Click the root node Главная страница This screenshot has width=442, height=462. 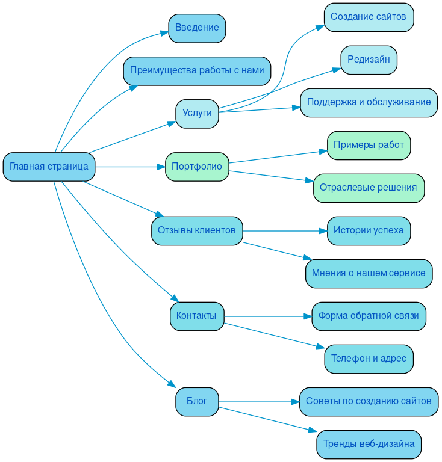pos(49,167)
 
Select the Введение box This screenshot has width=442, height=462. pos(197,28)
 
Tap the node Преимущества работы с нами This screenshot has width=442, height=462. pos(197,71)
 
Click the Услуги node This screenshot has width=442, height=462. pos(197,114)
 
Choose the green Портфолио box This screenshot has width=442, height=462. pos(197,167)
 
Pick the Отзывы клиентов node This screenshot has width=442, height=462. pos(197,230)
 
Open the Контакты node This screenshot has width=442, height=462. pos(197,316)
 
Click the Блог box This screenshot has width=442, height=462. pos(197,401)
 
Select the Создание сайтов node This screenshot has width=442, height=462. pos(369,17)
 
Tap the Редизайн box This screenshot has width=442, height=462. pos(369,60)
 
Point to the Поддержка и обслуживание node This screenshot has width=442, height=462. pos(369,103)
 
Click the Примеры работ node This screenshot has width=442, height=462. pos(369,146)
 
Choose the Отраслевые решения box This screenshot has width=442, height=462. pos(369,188)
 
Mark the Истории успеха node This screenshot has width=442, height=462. pos(369,230)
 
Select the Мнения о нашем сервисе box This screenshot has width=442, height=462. pos(369,273)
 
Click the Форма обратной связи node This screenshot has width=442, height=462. pos(369,316)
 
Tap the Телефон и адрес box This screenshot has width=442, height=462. pos(369,359)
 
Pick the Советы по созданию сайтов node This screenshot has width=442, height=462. pos(369,401)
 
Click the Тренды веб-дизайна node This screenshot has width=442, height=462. pos(369,444)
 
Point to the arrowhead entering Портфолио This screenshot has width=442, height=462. pos(161,167)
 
